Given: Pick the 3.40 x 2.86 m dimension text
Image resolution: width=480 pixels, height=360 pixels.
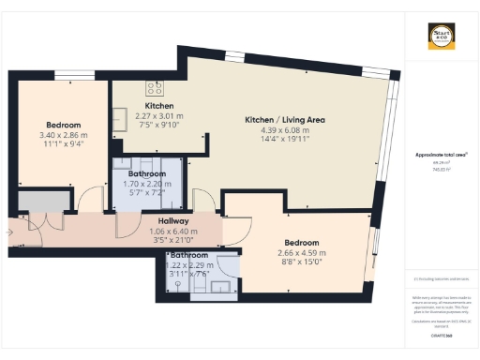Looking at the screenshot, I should [x=64, y=135].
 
